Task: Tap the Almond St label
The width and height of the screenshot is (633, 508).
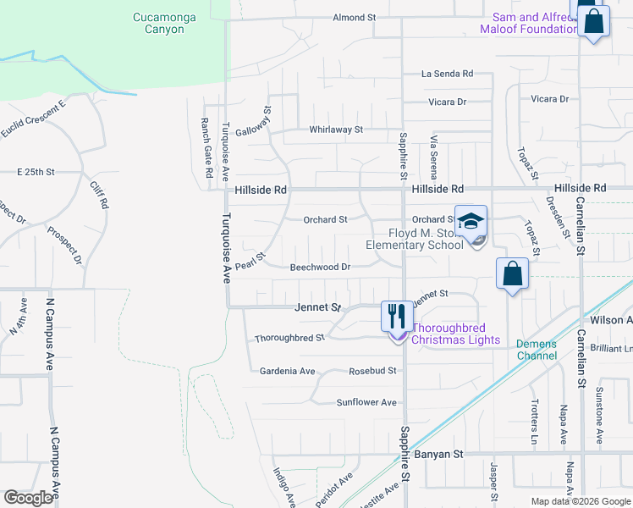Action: click(354, 17)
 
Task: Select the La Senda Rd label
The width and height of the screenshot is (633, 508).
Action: click(447, 75)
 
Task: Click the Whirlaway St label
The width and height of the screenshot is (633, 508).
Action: click(336, 130)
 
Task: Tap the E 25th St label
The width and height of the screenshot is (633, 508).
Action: click(36, 172)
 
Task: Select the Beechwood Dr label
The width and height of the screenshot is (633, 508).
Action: click(321, 267)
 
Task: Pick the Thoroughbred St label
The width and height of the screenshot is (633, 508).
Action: click(290, 338)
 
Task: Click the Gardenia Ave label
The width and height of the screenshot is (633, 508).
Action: click(287, 372)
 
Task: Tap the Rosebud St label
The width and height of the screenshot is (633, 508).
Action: click(372, 372)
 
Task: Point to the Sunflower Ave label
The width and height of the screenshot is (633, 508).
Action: click(366, 403)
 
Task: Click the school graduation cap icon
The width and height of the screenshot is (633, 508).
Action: click(471, 222)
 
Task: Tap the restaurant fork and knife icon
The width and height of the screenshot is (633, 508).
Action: click(396, 317)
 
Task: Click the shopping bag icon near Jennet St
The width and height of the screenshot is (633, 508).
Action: click(512, 274)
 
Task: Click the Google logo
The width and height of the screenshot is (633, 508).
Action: click(28, 498)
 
